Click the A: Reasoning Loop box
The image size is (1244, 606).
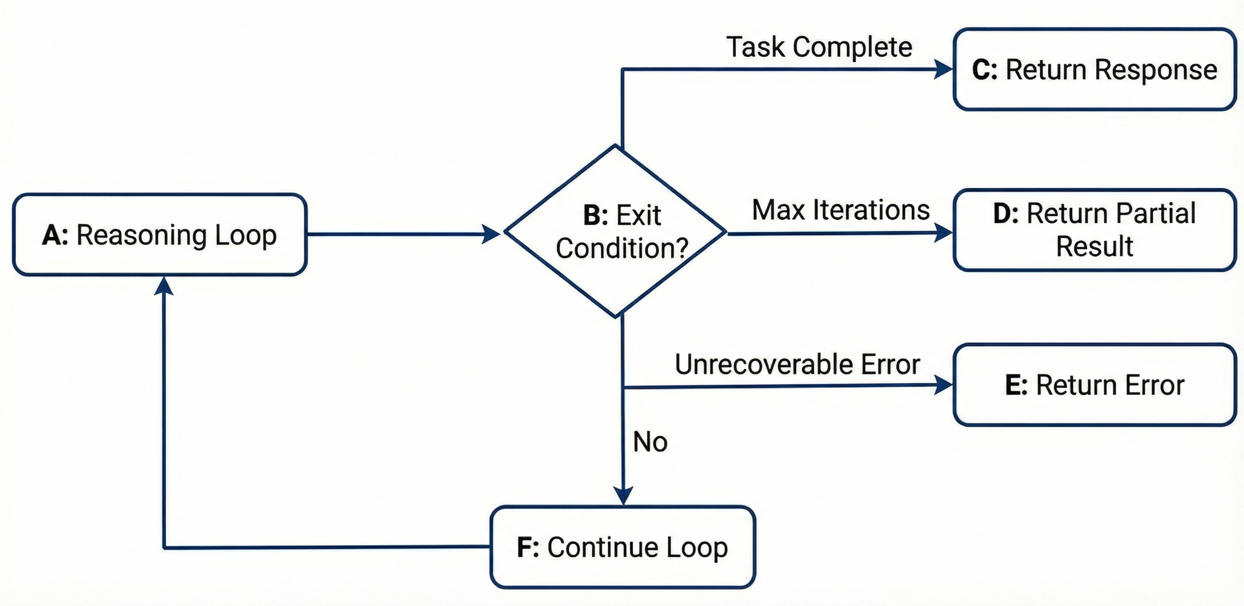(x=160, y=235)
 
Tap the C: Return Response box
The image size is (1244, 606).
(x=1094, y=70)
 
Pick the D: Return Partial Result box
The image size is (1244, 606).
(x=1094, y=230)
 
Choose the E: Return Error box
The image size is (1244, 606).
(x=1094, y=385)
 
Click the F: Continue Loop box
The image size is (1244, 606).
(x=622, y=547)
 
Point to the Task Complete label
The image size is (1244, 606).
(x=819, y=47)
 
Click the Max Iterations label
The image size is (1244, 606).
(x=840, y=210)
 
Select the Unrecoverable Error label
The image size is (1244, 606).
(x=797, y=364)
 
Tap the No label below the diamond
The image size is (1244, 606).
(x=650, y=442)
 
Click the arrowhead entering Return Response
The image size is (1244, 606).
(x=943, y=70)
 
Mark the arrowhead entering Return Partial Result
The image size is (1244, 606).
(x=943, y=233)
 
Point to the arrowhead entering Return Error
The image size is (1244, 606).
(x=943, y=385)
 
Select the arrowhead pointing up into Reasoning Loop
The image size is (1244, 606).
(x=164, y=286)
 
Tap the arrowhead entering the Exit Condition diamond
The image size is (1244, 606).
(x=491, y=234)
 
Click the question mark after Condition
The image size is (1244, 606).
(x=682, y=248)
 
